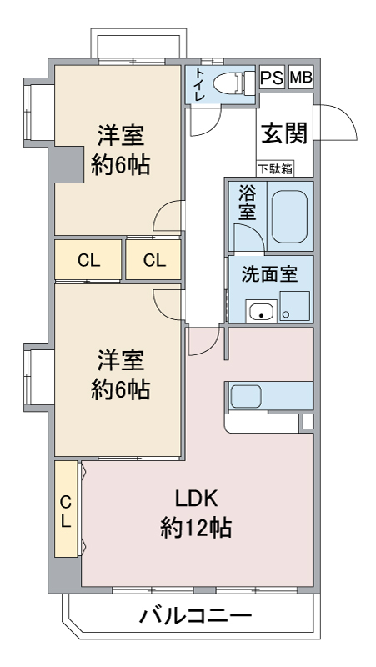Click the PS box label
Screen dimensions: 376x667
click(271, 78)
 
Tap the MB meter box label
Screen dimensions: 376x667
click(301, 78)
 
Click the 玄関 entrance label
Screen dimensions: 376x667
click(283, 133)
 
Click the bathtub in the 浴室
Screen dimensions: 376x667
click(289, 217)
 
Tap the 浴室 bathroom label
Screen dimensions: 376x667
click(247, 203)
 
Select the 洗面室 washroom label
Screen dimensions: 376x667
click(269, 275)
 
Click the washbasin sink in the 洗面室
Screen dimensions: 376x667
click(261, 311)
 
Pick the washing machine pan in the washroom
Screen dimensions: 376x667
click(295, 306)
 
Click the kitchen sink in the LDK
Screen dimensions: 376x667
click(246, 396)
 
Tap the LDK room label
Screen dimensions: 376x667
click(197, 499)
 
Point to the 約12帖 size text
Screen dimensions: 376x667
click(197, 528)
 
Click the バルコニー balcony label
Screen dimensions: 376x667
click(195, 615)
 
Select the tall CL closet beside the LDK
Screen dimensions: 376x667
click(66, 509)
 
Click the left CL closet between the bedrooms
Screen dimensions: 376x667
click(88, 260)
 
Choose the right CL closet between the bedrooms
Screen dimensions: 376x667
click(153, 260)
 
